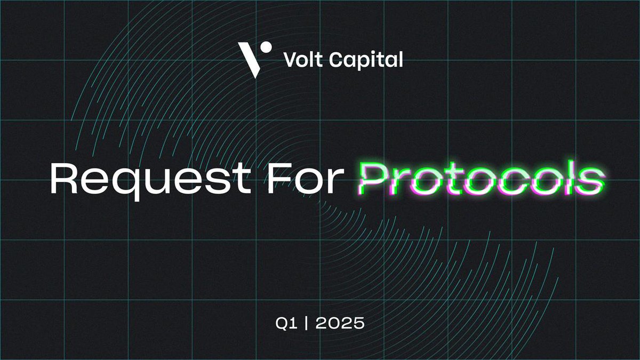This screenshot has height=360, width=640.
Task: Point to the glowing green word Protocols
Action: pyautogui.click(x=482, y=180)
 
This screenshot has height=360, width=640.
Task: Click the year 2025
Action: pyautogui.click(x=340, y=324)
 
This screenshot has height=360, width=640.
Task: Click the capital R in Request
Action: pyautogui.click(x=62, y=179)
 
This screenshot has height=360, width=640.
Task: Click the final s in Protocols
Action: pyautogui.click(x=591, y=181)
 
